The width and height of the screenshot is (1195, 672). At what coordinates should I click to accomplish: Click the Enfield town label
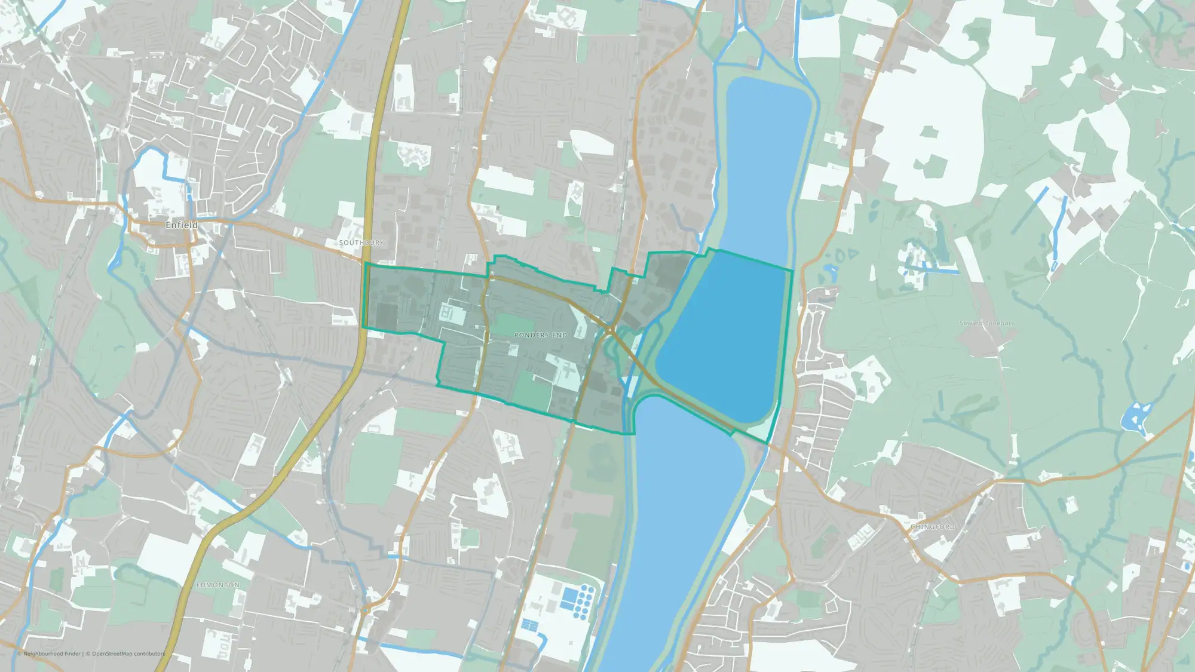coord(181,225)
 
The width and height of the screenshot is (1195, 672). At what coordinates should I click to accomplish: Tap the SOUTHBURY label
coord(361,243)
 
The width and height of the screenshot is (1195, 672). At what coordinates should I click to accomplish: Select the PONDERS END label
coord(541,336)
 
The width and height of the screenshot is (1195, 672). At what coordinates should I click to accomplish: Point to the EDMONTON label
coord(217,585)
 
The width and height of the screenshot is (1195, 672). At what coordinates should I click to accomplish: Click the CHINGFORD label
coord(932,527)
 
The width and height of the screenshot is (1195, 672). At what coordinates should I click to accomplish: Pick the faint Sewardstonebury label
coord(986,323)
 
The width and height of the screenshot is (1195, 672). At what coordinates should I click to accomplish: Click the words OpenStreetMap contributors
coord(128,653)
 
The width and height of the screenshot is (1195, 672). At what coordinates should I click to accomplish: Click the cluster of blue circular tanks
coord(584,600)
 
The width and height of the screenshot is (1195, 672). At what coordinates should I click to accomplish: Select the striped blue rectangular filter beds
coord(529,625)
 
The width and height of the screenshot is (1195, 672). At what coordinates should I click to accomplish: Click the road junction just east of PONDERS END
coord(610,330)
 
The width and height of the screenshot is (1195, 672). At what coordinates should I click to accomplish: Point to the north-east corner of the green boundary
coord(792,271)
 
